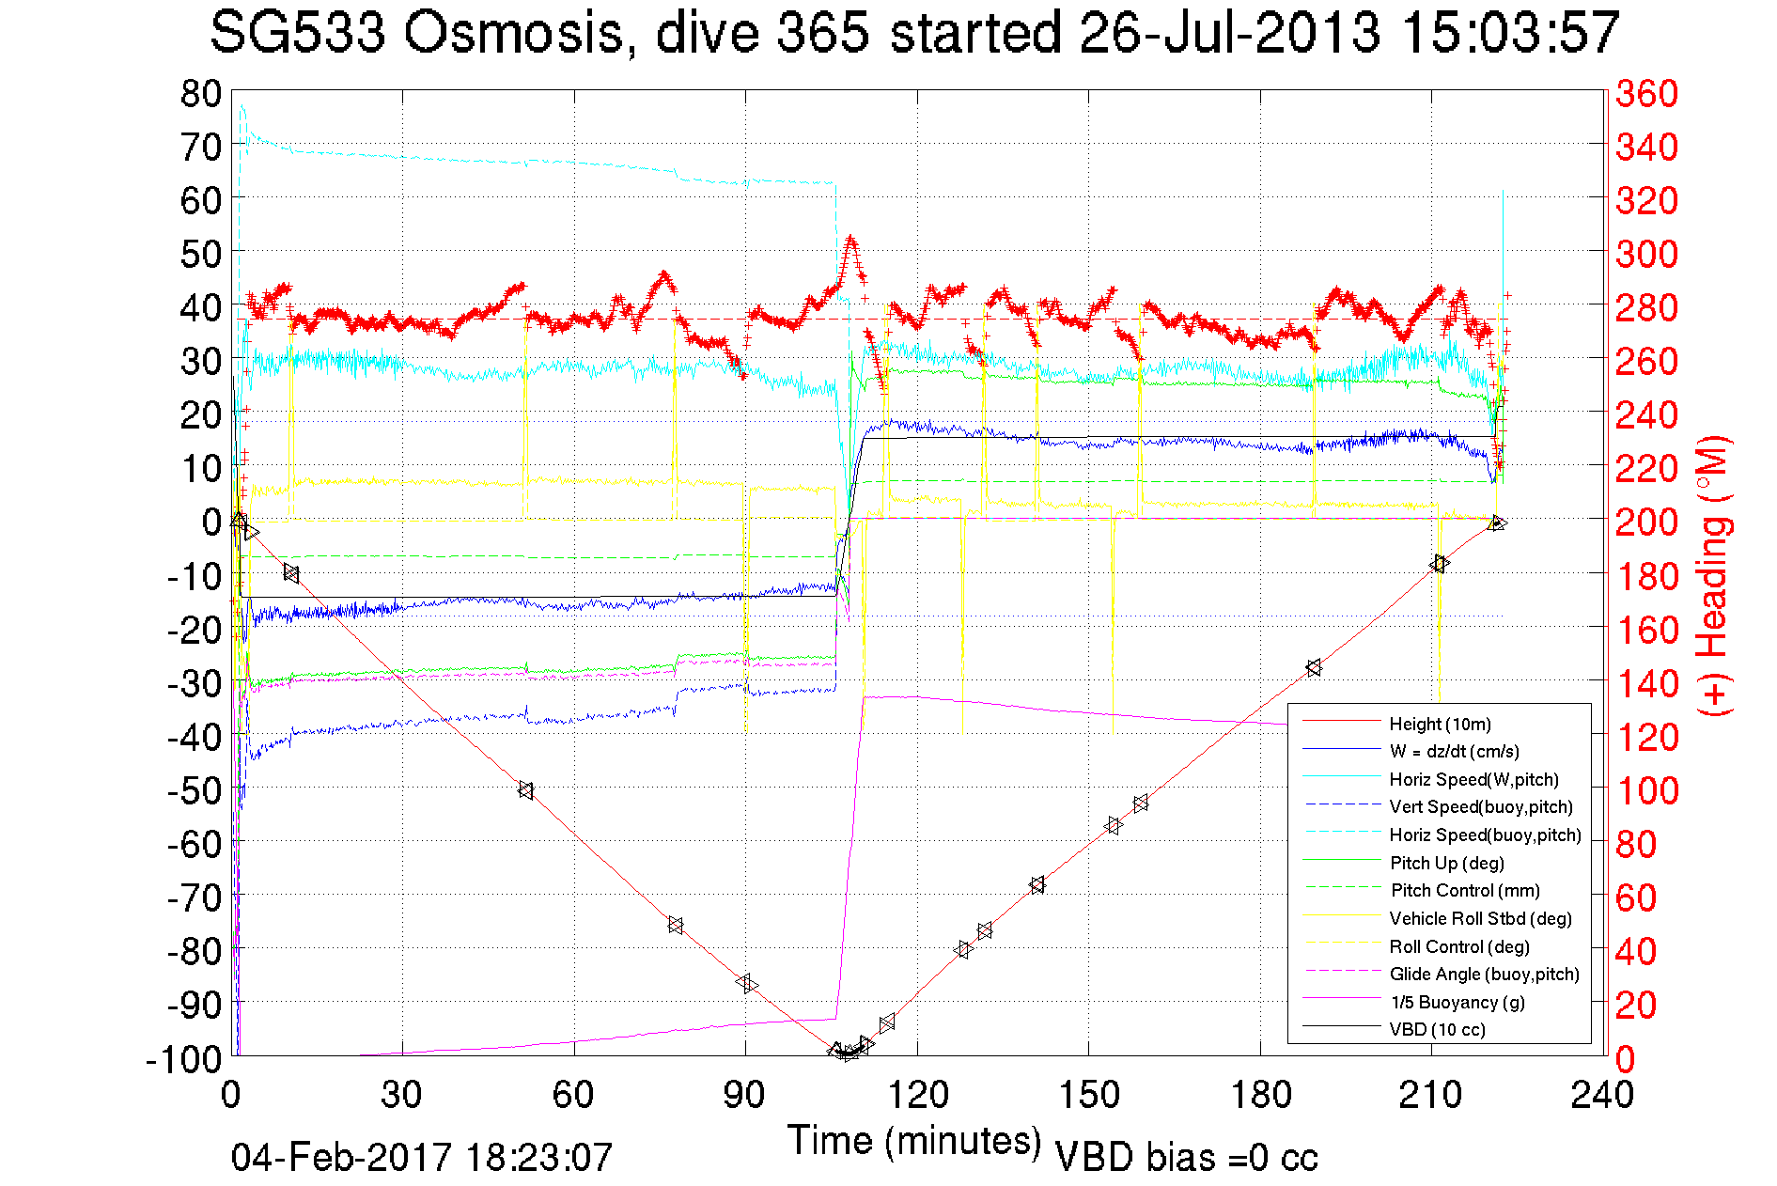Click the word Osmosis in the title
515,34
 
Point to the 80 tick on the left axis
200,93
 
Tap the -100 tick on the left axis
184,1059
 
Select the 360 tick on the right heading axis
1646,93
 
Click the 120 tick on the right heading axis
1646,737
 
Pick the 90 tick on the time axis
745,1095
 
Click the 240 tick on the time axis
1602,1095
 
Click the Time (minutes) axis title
913,1141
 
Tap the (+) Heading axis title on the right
1714,575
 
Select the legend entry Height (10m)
1440,724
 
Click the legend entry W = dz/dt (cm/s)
1454,751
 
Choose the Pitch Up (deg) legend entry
1446,863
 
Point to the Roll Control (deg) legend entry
1458,946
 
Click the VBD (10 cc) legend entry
1437,1029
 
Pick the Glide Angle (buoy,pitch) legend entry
1484,974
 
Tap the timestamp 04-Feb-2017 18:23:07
422,1157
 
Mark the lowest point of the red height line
845,1054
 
